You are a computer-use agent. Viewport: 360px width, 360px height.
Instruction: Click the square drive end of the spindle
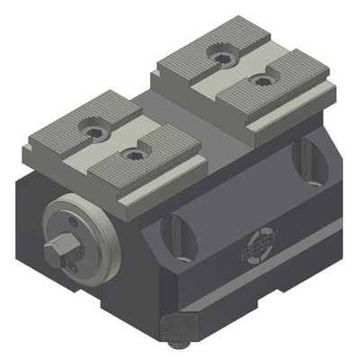click(64, 249)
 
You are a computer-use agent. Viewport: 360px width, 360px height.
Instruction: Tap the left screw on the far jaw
click(220, 58)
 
